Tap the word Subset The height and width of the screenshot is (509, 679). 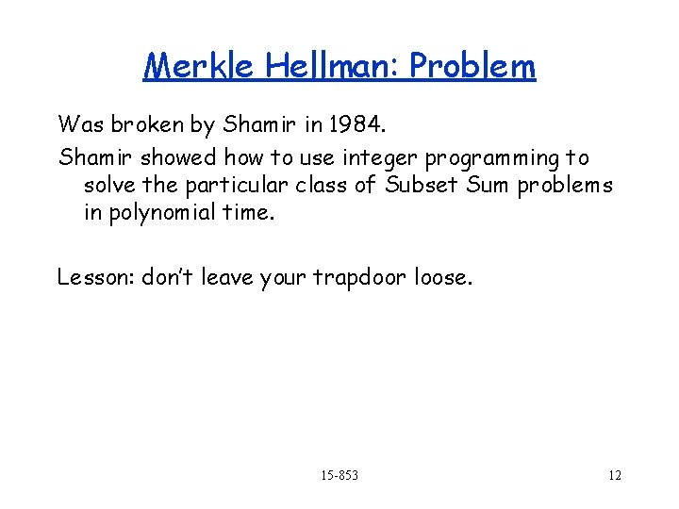pyautogui.click(x=418, y=185)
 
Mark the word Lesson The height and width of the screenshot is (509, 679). pyautogui.click(x=94, y=277)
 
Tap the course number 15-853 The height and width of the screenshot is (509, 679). pyautogui.click(x=339, y=475)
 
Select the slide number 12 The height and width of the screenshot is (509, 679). pyautogui.click(x=614, y=475)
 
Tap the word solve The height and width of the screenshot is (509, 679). pyautogui.click(x=108, y=185)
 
